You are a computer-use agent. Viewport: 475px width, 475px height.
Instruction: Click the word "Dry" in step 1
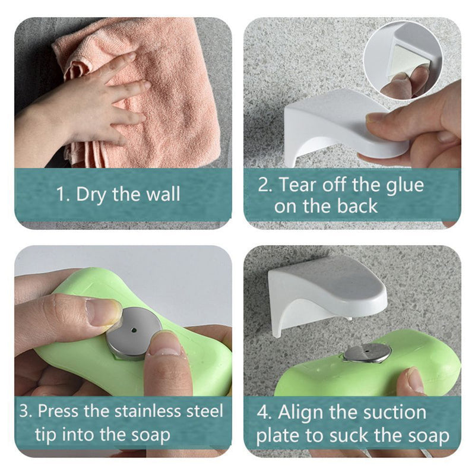click(91, 195)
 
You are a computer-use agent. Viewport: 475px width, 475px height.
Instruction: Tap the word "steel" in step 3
click(205, 411)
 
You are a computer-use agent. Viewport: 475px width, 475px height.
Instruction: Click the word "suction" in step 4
click(395, 413)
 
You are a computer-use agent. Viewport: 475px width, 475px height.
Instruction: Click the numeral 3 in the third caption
click(24, 411)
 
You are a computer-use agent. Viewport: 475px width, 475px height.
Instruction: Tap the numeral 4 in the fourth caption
click(262, 412)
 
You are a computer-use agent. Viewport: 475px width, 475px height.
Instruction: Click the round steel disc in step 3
click(134, 332)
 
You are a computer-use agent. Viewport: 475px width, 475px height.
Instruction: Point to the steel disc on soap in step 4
click(367, 353)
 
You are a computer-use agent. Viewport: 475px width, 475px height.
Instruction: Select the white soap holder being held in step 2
click(343, 127)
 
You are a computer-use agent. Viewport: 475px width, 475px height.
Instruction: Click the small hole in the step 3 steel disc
click(134, 330)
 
